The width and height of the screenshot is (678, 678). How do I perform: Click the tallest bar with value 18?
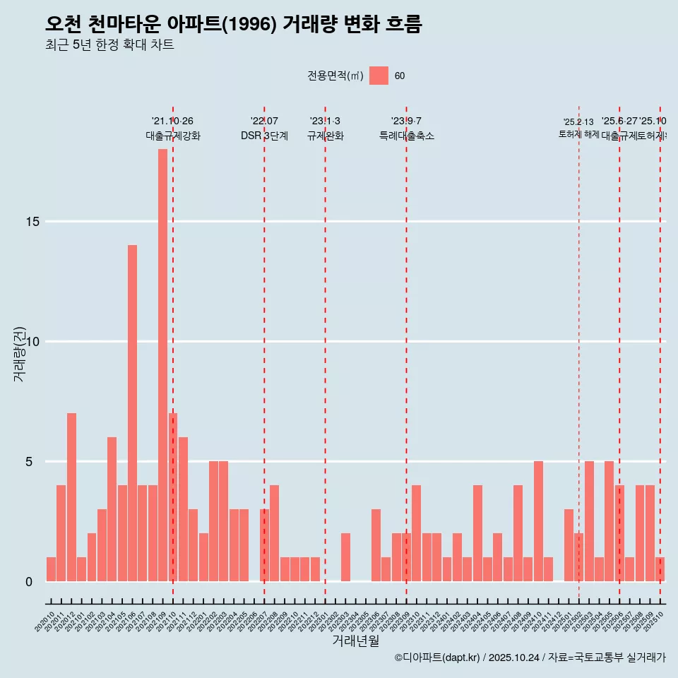tap(162, 365)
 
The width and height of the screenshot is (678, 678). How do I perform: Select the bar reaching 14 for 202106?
tap(132, 413)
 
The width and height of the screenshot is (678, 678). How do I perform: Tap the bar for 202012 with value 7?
tap(71, 497)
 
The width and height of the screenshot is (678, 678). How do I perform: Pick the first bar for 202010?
tap(51, 569)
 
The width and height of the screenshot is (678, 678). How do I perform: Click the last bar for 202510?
tap(660, 569)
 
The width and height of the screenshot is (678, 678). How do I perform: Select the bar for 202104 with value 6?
tap(112, 509)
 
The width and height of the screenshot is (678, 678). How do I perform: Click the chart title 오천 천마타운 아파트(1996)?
tap(233, 25)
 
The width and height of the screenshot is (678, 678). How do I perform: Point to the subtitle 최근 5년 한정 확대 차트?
tap(109, 45)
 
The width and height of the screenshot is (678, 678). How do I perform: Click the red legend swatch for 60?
tap(379, 76)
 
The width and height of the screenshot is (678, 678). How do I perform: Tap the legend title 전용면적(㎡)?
tap(335, 76)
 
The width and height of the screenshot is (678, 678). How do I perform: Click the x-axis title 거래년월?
tap(355, 641)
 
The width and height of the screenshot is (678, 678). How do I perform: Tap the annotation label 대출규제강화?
tap(173, 136)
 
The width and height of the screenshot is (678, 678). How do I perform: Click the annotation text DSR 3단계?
tap(264, 136)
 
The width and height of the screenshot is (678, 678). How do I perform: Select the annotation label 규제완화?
tap(325, 136)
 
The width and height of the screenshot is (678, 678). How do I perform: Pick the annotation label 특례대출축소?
tap(406, 136)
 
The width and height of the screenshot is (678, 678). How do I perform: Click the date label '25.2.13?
tap(578, 122)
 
